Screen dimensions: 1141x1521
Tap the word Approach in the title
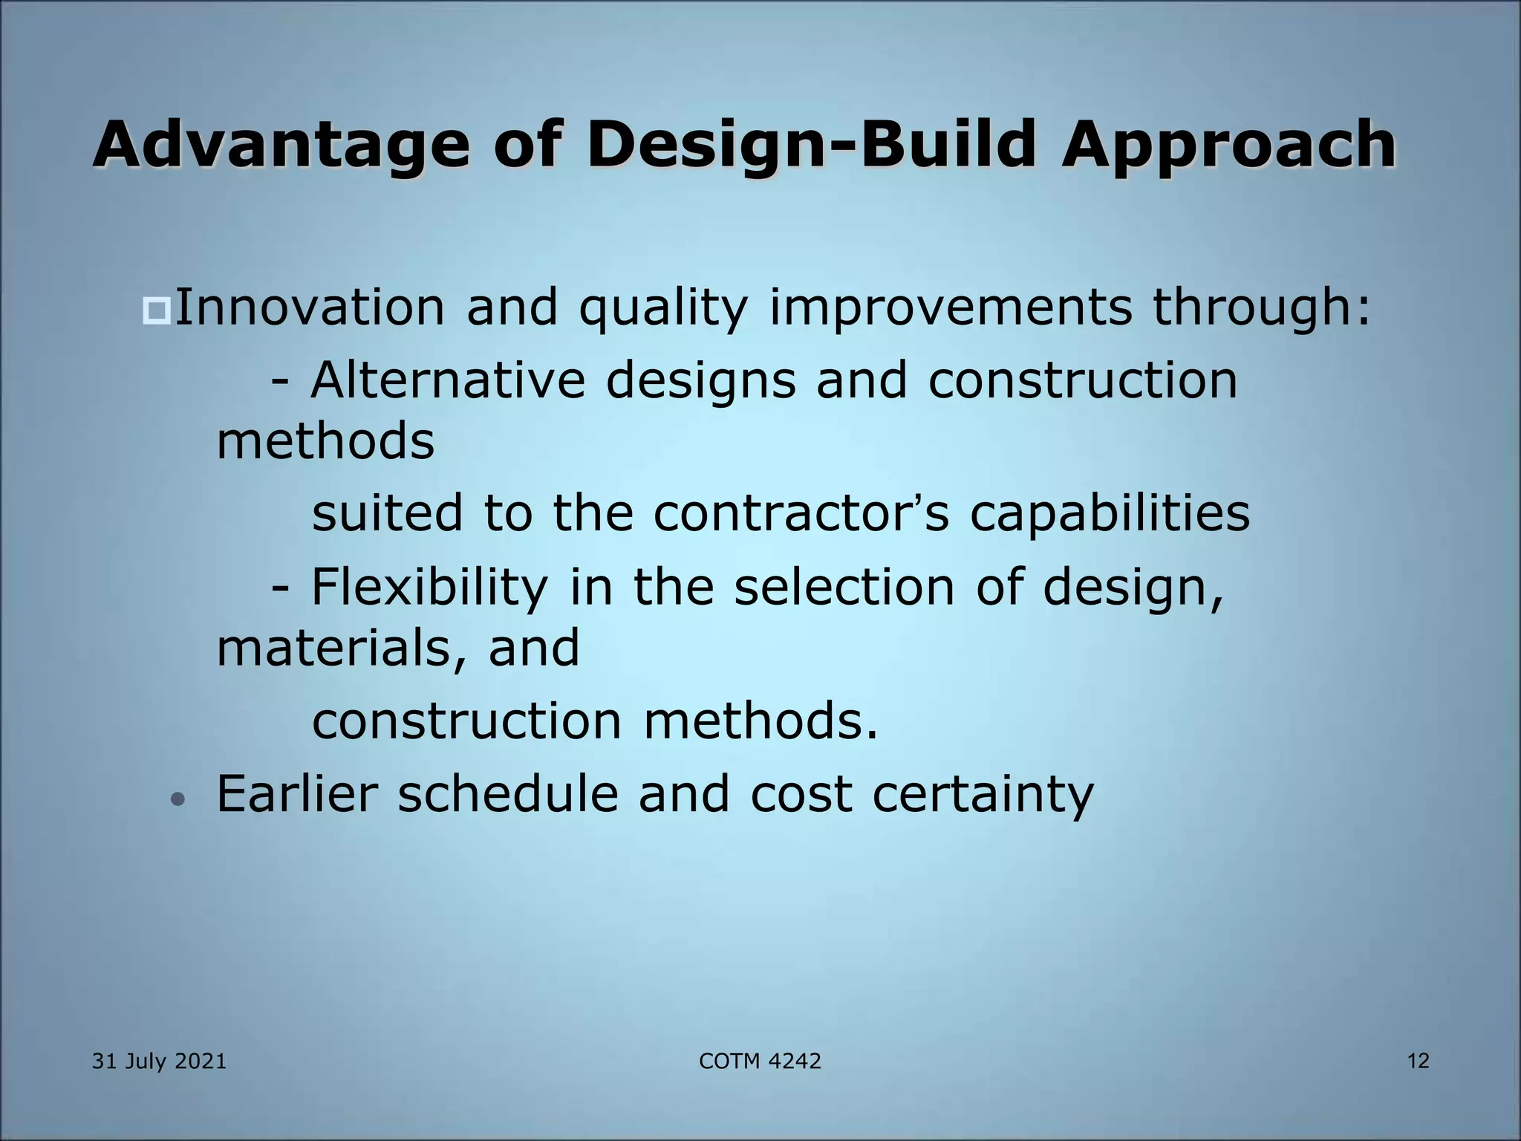click(x=1228, y=144)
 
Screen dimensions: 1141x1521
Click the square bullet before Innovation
click(x=157, y=310)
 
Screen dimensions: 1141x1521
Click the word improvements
click(x=950, y=307)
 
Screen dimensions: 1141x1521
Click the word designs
click(x=700, y=380)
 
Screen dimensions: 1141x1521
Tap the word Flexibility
click(x=429, y=586)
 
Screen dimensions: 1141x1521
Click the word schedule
click(x=507, y=793)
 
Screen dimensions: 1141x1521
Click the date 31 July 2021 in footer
click(x=159, y=1062)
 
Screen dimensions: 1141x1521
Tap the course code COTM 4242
click(x=760, y=1062)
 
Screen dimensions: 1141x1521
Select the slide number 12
click(x=1418, y=1061)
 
